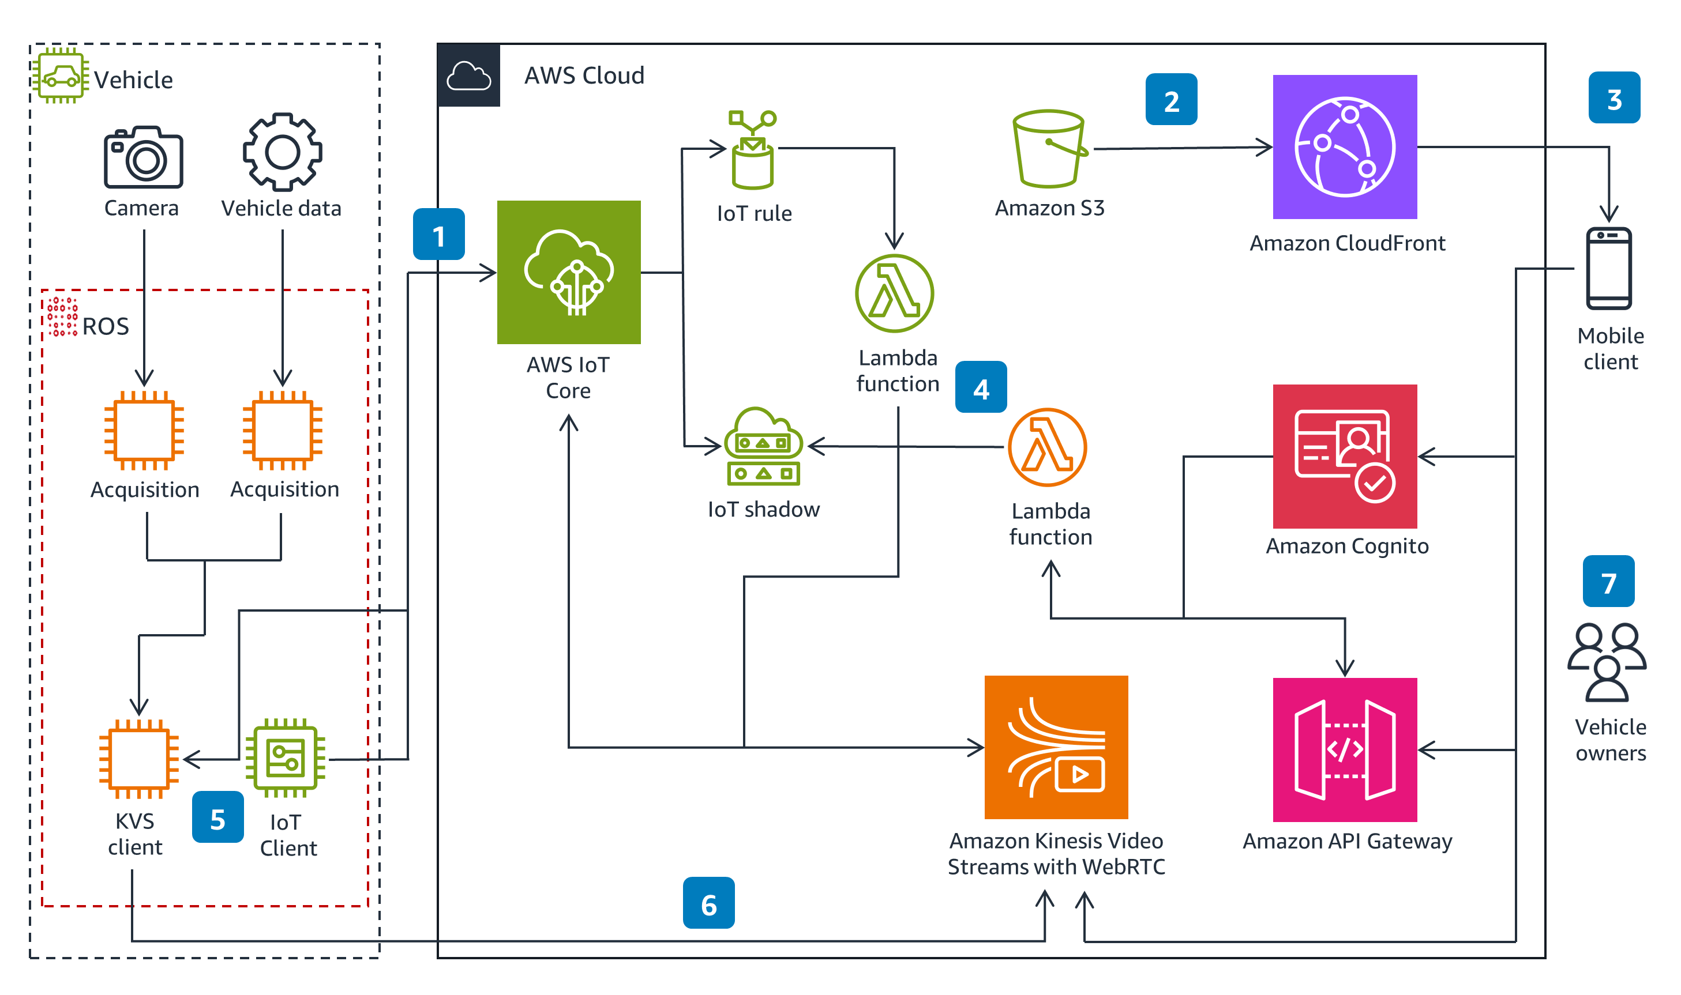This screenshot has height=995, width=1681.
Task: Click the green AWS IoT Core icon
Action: (568, 272)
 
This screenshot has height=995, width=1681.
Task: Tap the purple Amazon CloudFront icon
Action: (1344, 146)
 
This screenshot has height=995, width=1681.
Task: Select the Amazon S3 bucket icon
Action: (1048, 149)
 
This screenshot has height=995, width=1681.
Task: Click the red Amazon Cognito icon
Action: (1344, 456)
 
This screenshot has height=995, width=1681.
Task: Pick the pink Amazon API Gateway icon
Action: (1344, 749)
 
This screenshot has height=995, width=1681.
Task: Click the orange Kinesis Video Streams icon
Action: (1056, 747)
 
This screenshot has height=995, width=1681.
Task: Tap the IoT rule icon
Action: (753, 150)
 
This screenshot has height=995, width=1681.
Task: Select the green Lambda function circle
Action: (894, 293)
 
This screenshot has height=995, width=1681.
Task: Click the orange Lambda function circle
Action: (1047, 447)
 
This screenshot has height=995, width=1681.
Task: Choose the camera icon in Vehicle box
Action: (143, 157)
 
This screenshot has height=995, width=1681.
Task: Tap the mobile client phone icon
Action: (1608, 268)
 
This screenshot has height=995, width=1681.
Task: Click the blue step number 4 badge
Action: (981, 387)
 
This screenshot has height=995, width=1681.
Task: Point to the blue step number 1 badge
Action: (438, 234)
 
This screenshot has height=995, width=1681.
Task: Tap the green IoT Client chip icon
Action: (285, 757)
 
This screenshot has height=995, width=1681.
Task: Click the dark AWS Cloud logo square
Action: (468, 75)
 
